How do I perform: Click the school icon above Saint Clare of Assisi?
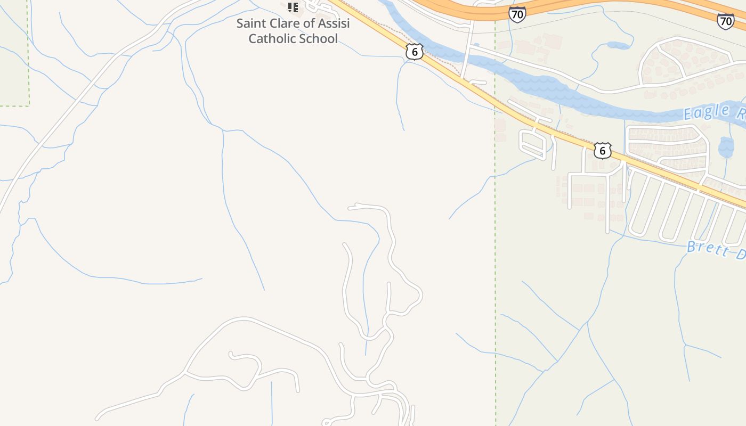pyautogui.click(x=293, y=7)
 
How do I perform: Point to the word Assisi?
pyautogui.click(x=334, y=23)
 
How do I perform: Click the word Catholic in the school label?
pyautogui.click(x=271, y=38)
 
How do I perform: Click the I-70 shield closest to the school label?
pyautogui.click(x=517, y=14)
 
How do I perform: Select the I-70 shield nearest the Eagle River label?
pyautogui.click(x=725, y=21)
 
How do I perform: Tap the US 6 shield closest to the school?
pyautogui.click(x=414, y=52)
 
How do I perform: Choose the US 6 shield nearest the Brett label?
pyautogui.click(x=602, y=151)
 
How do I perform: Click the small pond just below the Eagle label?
pyautogui.click(x=726, y=147)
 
